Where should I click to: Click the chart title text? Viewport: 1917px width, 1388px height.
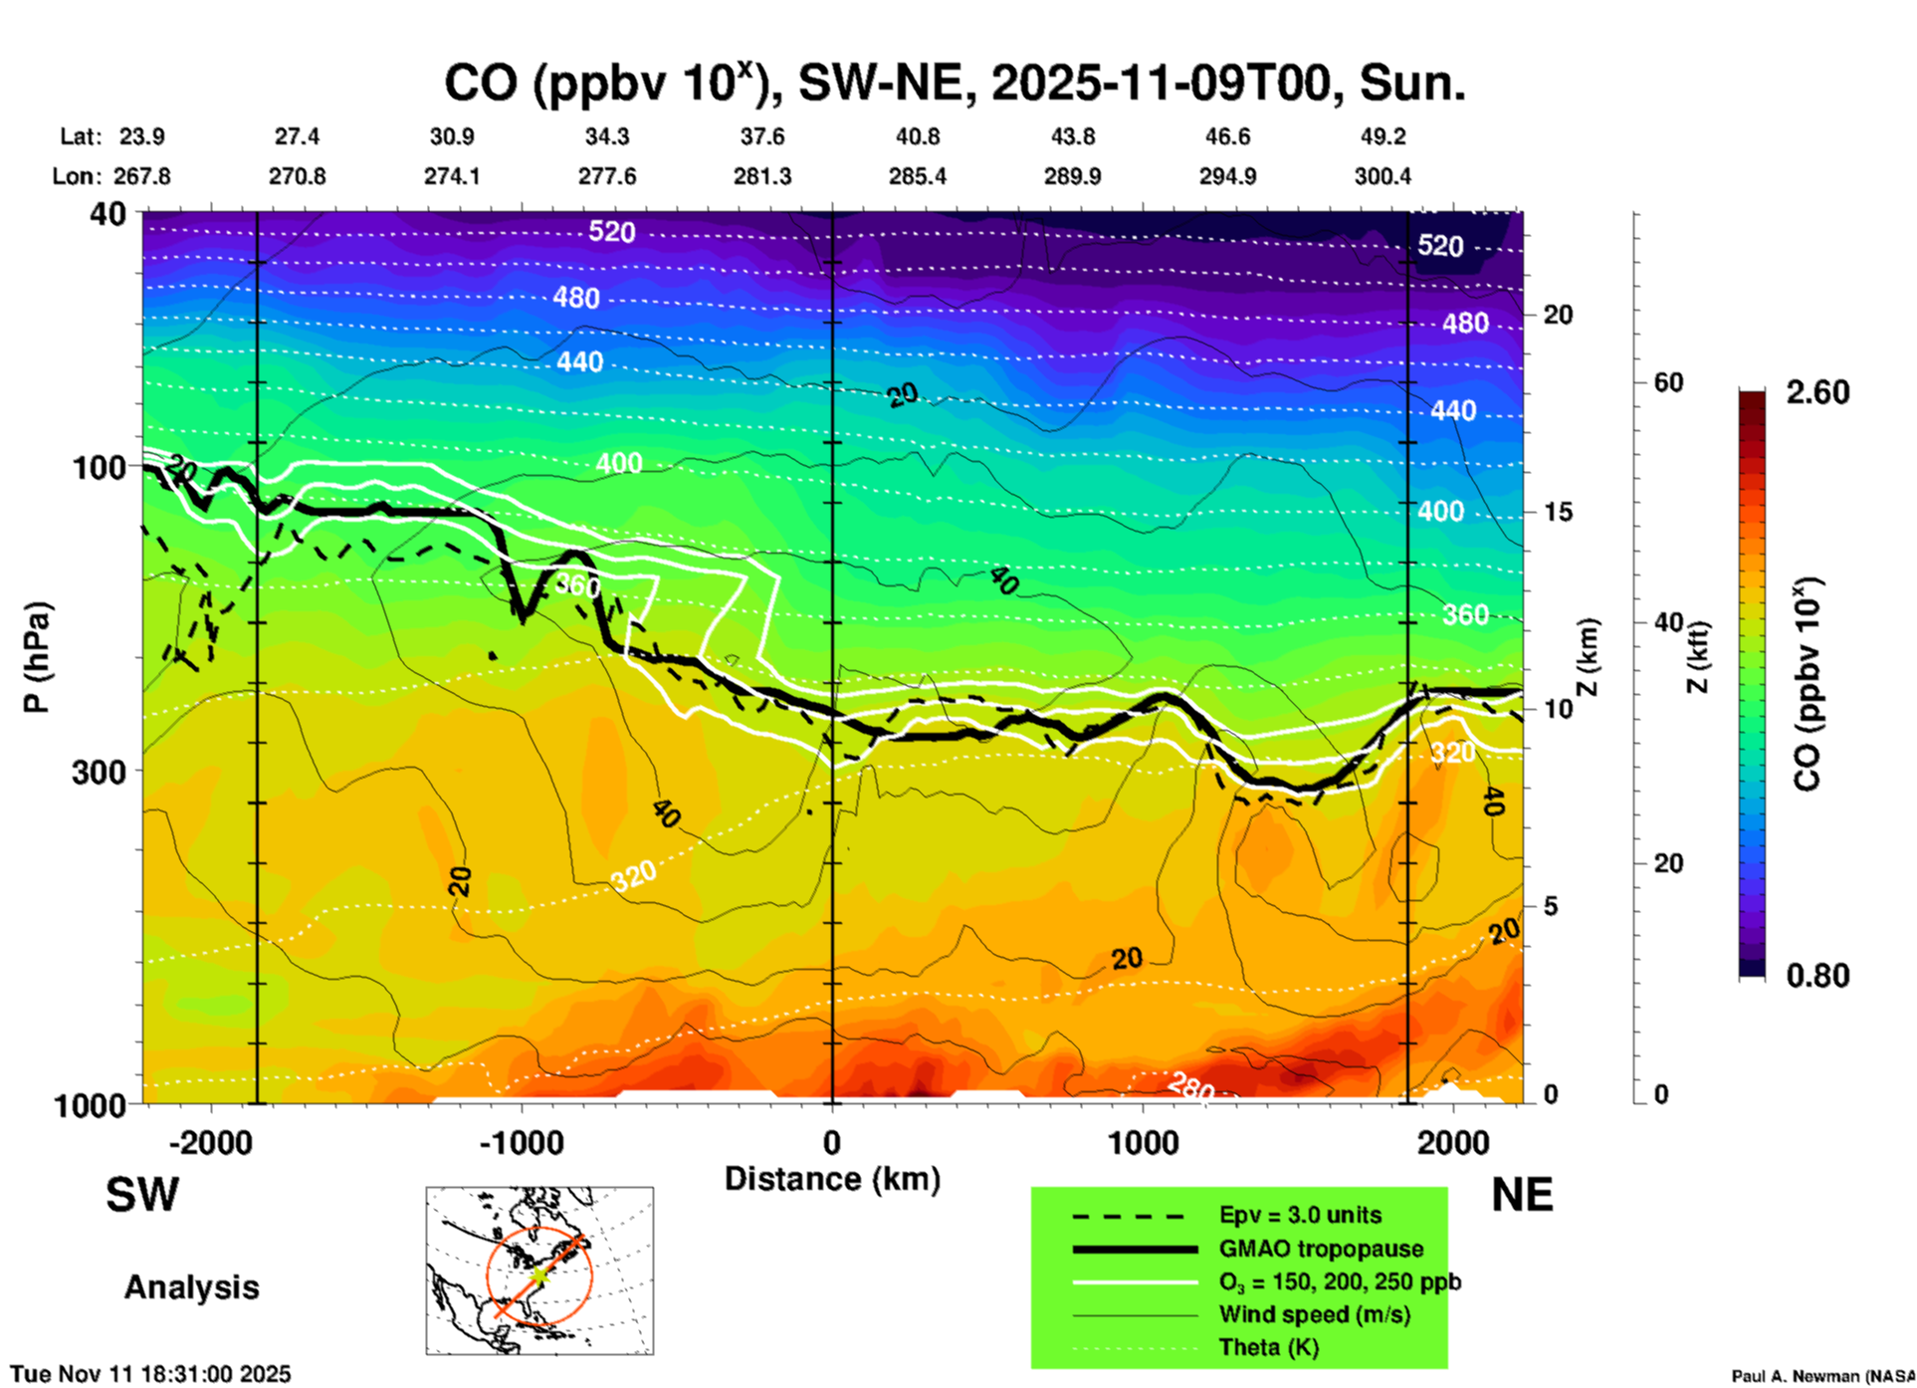click(x=955, y=83)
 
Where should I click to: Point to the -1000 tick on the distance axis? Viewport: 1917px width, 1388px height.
click(x=522, y=1142)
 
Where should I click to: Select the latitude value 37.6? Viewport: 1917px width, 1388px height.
click(x=762, y=136)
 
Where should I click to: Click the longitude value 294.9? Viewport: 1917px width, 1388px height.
click(x=1227, y=176)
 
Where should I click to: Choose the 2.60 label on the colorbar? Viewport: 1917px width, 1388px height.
click(x=1817, y=392)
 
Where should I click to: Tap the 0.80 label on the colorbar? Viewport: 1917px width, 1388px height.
click(x=1817, y=975)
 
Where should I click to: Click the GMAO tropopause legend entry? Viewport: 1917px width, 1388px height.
click(x=1321, y=1249)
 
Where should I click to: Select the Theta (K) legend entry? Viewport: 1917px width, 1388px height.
click(x=1268, y=1347)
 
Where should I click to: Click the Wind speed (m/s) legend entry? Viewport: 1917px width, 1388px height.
click(x=1314, y=1314)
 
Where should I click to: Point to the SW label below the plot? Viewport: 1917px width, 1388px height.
click(x=142, y=1195)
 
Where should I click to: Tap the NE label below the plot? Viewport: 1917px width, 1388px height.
click(x=1522, y=1195)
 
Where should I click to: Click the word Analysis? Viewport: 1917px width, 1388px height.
click(x=191, y=1286)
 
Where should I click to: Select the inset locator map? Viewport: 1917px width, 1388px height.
click(x=539, y=1271)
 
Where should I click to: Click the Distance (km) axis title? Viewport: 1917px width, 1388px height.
click(x=832, y=1179)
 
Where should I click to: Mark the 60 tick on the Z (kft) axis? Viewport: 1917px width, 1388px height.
click(x=1668, y=382)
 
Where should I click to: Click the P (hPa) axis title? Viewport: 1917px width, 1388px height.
click(x=37, y=657)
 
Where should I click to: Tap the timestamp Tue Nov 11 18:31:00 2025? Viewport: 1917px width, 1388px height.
click(x=151, y=1374)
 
